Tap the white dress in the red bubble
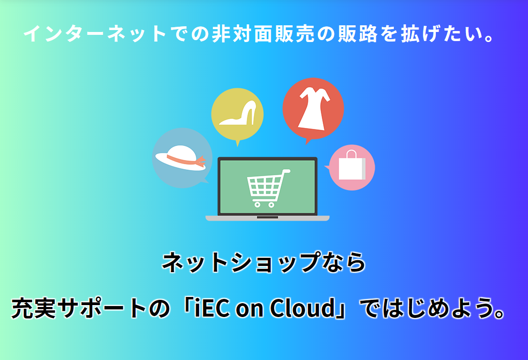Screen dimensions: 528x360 coord(314,108)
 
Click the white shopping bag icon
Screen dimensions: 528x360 coord(352,166)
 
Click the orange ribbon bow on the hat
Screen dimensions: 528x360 coord(202,161)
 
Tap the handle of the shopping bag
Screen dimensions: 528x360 coord(351,154)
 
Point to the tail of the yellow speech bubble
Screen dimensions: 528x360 coord(238,143)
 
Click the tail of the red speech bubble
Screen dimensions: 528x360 coord(307,141)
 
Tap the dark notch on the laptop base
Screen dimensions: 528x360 coord(267,218)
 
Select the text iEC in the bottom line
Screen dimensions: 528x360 coord(212,308)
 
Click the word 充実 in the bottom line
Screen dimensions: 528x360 coord(33,308)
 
